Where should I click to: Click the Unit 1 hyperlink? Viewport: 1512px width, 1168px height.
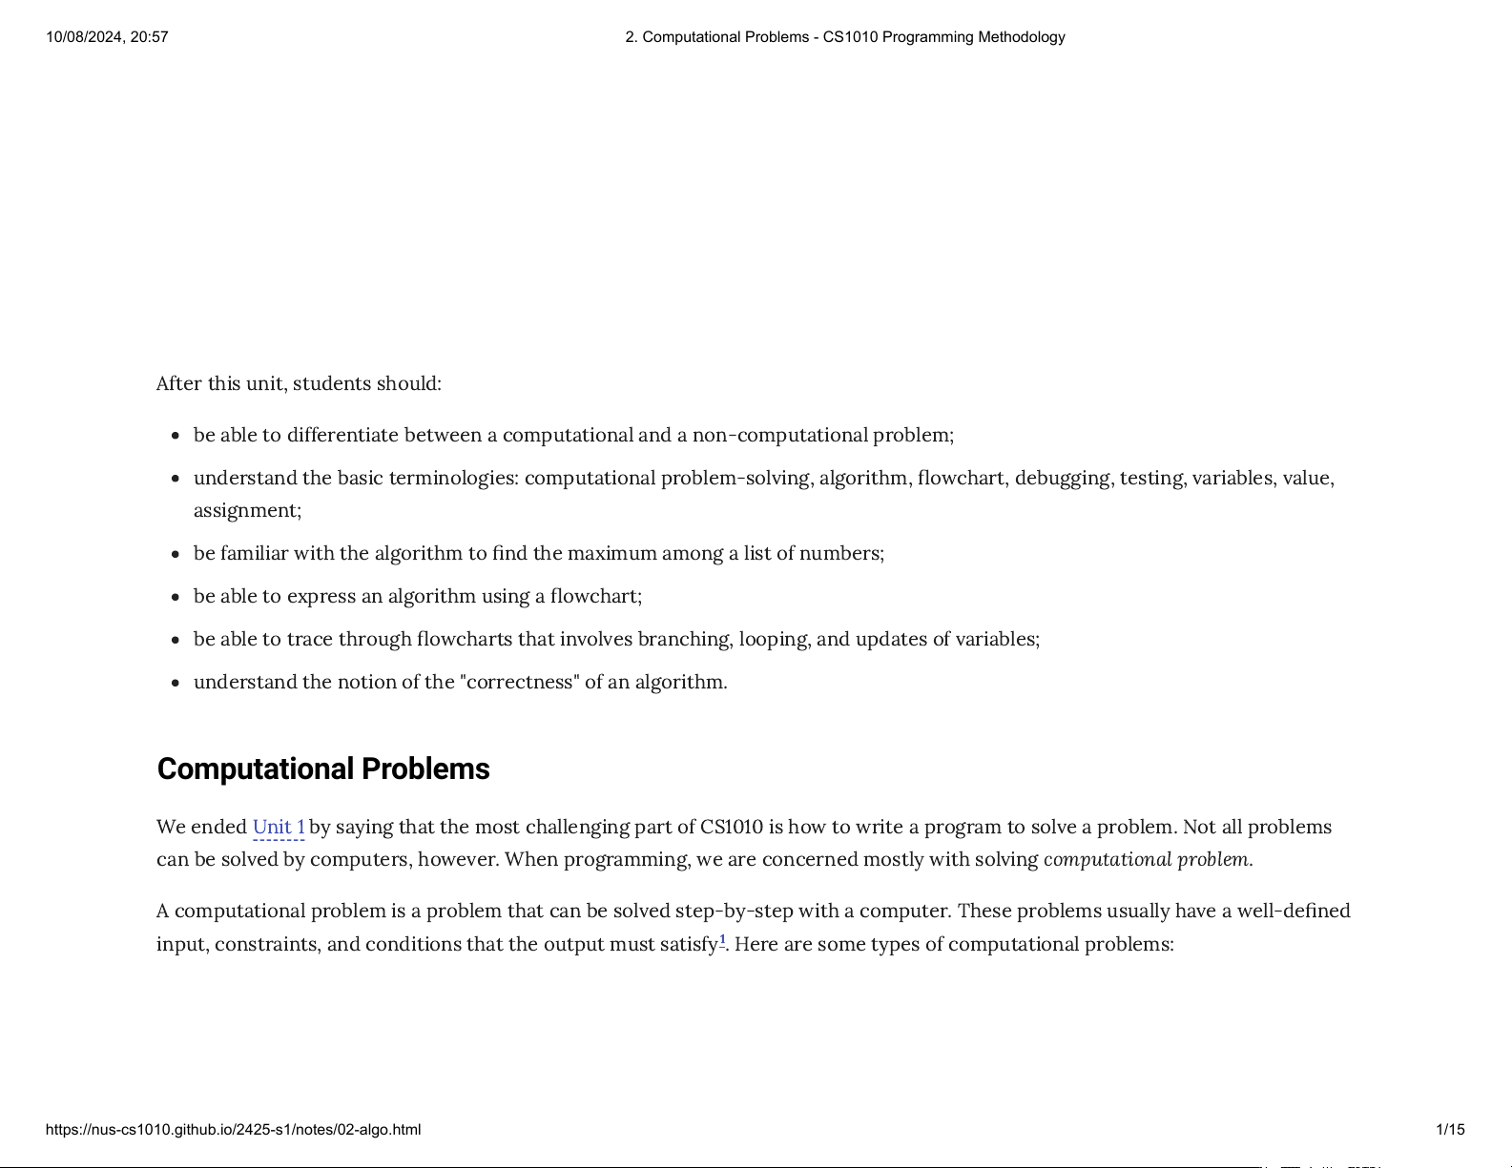(279, 827)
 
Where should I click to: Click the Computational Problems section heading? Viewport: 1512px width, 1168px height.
(323, 768)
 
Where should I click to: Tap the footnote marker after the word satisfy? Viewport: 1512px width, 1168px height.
(723, 940)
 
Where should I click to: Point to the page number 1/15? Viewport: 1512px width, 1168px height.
(1450, 1130)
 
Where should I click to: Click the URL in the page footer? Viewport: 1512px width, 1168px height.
(233, 1130)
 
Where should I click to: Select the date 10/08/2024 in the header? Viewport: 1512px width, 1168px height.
(80, 37)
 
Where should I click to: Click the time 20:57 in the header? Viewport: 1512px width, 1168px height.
(149, 37)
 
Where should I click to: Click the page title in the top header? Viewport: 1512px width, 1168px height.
(844, 37)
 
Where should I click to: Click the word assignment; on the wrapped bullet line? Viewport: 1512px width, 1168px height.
(247, 510)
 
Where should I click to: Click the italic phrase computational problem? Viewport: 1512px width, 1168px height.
(1148, 859)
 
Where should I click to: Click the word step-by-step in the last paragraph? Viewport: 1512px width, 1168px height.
(734, 911)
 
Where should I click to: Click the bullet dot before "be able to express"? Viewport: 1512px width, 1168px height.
(176, 597)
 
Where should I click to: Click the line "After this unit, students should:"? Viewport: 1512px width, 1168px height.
(299, 383)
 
